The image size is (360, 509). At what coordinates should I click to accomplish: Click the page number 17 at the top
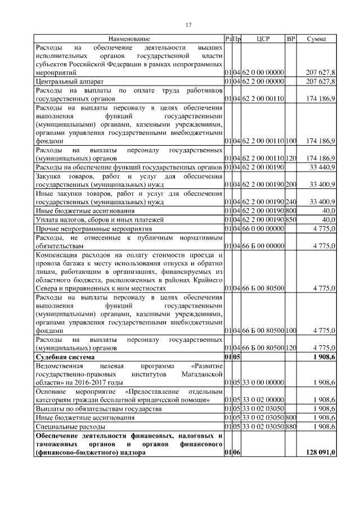pyautogui.click(x=189, y=25)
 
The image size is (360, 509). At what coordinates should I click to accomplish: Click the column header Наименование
pyautogui.click(x=129, y=39)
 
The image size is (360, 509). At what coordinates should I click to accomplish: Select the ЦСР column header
pyautogui.click(x=264, y=39)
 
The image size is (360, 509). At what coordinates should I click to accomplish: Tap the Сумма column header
pyautogui.click(x=318, y=39)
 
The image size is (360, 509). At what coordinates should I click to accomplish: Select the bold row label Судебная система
pyautogui.click(x=65, y=357)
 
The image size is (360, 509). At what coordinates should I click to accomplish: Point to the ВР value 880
pyautogui.click(x=291, y=426)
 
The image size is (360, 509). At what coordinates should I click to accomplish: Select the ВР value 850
pyautogui.click(x=291, y=219)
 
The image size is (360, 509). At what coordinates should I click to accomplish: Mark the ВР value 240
pyautogui.click(x=291, y=201)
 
